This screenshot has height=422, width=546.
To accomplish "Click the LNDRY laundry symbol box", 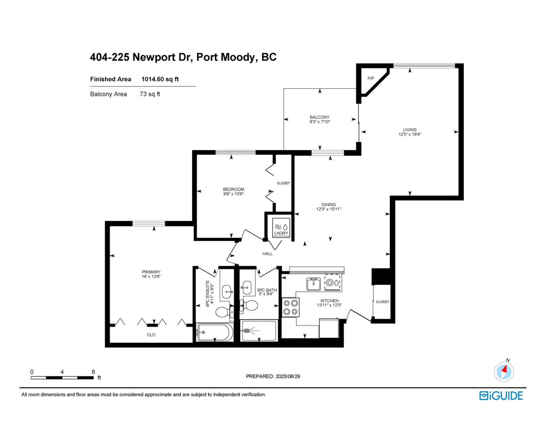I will pyautogui.click(x=279, y=227).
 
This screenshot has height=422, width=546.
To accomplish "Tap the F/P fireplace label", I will pyautogui.click(x=370, y=78).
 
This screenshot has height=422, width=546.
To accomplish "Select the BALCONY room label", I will pyautogui.click(x=319, y=117).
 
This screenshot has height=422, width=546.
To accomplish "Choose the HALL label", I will pyautogui.click(x=267, y=254).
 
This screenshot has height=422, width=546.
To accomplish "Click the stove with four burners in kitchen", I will pyautogui.click(x=291, y=307).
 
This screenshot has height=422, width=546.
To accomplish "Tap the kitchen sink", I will pyautogui.click(x=313, y=284).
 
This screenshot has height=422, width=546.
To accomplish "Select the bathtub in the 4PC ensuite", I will pyautogui.click(x=214, y=332).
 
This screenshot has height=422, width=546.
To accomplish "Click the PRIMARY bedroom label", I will pyautogui.click(x=151, y=272).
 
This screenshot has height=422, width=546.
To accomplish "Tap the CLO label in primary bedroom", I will pyautogui.click(x=151, y=335).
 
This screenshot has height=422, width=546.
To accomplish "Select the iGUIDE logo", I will pyautogui.click(x=501, y=395).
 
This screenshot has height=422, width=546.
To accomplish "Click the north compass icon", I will pyautogui.click(x=504, y=371).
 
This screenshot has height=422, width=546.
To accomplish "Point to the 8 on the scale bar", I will pyautogui.click(x=93, y=371).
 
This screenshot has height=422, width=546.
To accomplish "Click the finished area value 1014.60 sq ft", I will pyautogui.click(x=160, y=79).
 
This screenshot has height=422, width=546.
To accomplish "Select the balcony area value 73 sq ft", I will pyautogui.click(x=150, y=94).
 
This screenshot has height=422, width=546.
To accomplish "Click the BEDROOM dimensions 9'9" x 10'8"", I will pyautogui.click(x=233, y=194).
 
